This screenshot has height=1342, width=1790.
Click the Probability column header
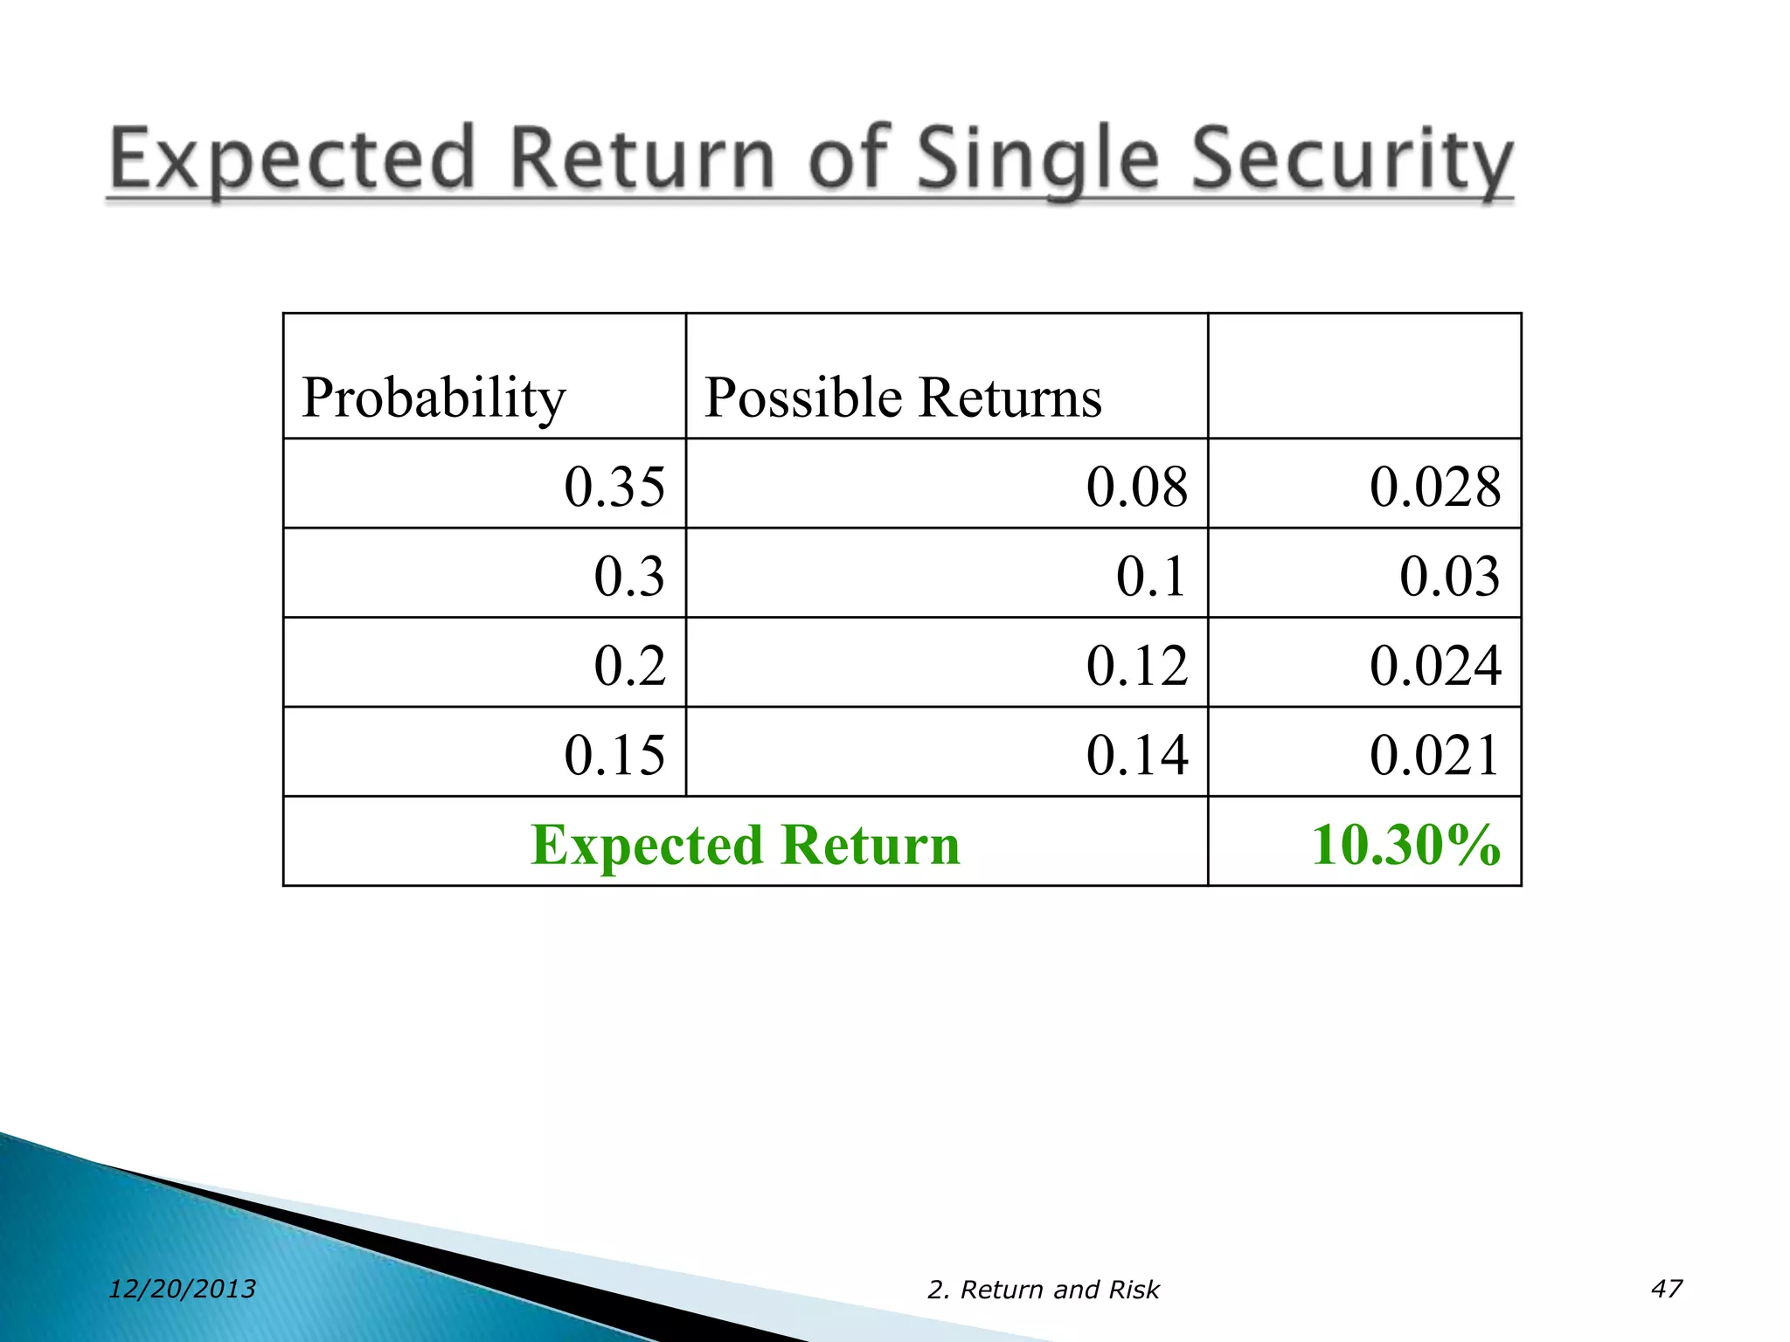(434, 398)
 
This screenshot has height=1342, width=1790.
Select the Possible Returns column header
(902, 398)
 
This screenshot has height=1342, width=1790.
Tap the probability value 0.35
(614, 487)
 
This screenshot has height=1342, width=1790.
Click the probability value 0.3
(629, 577)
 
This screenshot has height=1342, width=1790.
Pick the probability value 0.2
(629, 666)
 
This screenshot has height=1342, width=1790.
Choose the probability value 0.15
(614, 756)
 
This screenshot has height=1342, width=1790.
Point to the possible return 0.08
(1137, 487)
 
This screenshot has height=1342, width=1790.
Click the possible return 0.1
(1151, 577)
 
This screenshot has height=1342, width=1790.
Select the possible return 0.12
(1137, 666)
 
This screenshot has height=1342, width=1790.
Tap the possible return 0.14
(1137, 756)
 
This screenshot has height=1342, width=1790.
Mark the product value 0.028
(1435, 487)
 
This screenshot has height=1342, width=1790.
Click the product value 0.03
(1450, 577)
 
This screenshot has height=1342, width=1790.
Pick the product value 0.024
(1435, 666)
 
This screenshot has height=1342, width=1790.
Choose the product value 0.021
(1435, 756)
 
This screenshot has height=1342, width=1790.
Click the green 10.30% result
(1405, 845)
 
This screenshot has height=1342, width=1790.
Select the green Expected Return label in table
(746, 845)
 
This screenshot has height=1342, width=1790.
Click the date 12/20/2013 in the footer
(182, 1289)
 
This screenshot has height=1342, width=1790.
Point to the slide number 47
(1666, 1289)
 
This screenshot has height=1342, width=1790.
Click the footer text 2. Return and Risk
(1043, 1290)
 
